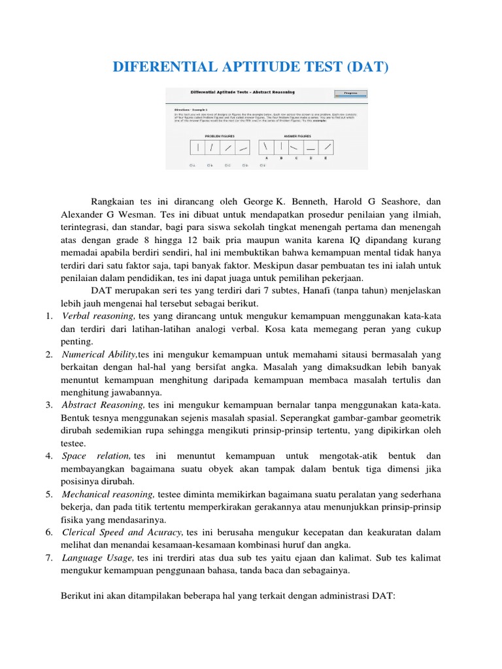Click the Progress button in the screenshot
[350, 94]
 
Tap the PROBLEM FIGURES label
[219, 135]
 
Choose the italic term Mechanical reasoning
[109, 494]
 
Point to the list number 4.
[50, 455]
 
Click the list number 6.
[50, 532]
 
